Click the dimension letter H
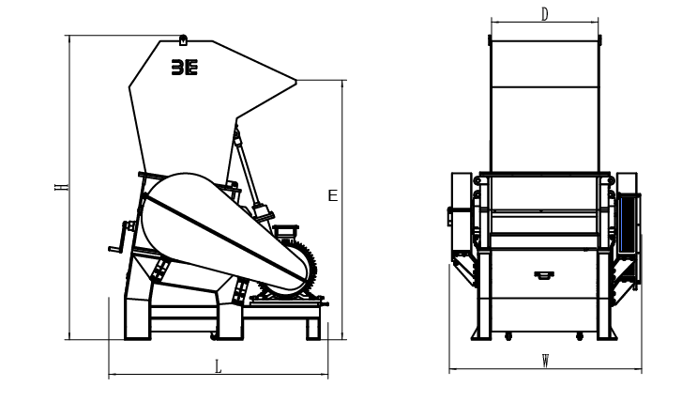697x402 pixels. (62, 188)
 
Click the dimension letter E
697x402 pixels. (333, 195)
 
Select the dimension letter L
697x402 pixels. (219, 367)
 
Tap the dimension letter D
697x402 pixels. (545, 15)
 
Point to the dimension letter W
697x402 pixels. (545, 361)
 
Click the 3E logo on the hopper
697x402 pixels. (185, 68)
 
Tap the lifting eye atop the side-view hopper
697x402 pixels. (183, 40)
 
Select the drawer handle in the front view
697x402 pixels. (544, 275)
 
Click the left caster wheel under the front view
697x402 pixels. (508, 336)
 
